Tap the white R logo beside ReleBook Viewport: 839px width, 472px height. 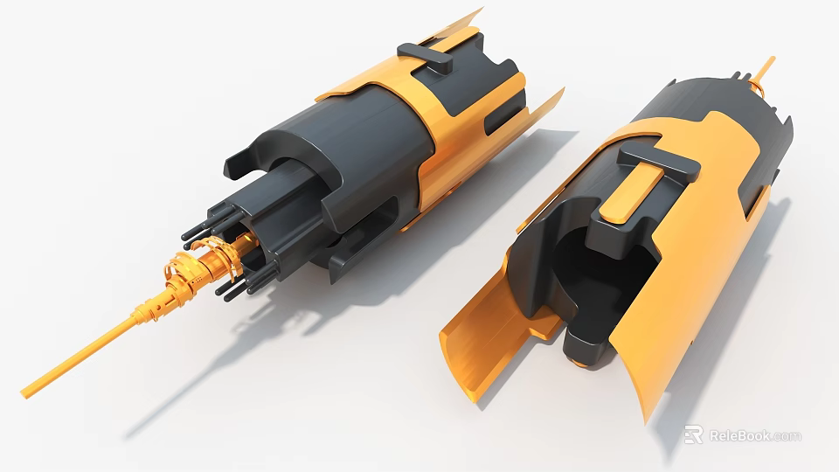[693, 434]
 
